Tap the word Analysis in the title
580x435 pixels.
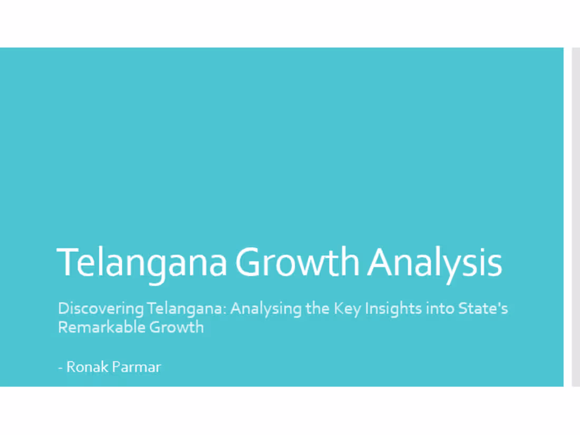pyautogui.click(x=434, y=262)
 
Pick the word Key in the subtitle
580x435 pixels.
pyautogui.click(x=344, y=308)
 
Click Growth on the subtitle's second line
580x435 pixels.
pyautogui.click(x=176, y=327)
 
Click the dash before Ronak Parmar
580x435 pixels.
pyautogui.click(x=60, y=368)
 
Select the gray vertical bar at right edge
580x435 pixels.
pyautogui.click(x=576, y=216)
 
